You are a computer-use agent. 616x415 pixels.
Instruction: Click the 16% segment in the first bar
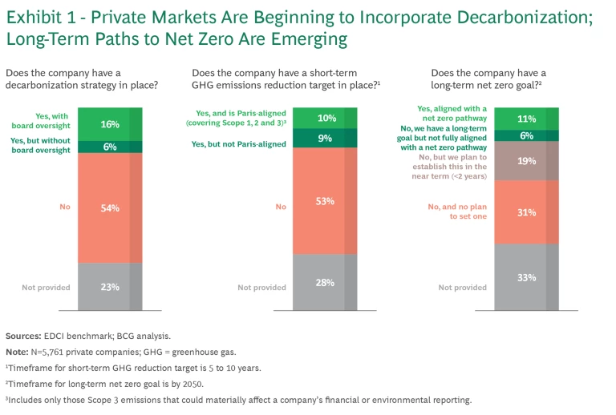pyautogui.click(x=110, y=124)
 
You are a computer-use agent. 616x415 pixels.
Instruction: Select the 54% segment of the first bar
pyautogui.click(x=110, y=208)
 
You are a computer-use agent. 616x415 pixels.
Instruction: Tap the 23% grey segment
pyautogui.click(x=110, y=287)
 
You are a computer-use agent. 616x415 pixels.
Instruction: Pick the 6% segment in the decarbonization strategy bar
pyautogui.click(x=110, y=147)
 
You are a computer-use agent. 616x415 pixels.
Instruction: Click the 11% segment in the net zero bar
pyautogui.click(x=526, y=119)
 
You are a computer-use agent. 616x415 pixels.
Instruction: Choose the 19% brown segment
pyautogui.click(x=526, y=160)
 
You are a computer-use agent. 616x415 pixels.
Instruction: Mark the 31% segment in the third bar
pyautogui.click(x=526, y=212)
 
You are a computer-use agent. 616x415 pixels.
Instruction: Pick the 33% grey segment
pyautogui.click(x=526, y=277)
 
